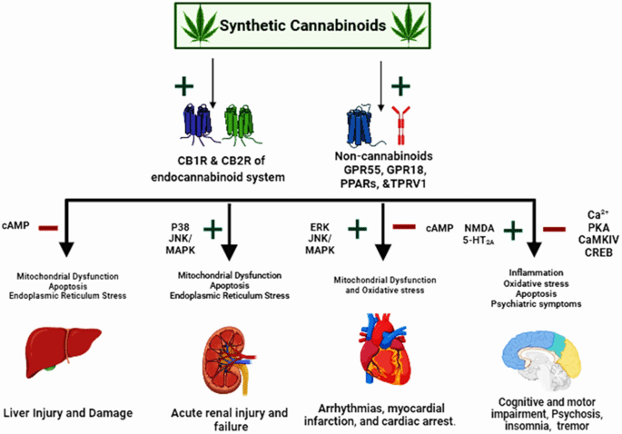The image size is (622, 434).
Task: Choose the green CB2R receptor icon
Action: [x=237, y=122]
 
